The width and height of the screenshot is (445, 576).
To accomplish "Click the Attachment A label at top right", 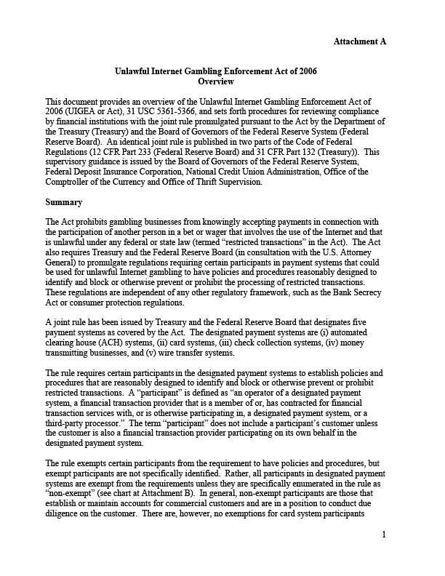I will click(x=359, y=41).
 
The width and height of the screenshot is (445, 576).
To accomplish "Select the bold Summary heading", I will click(x=63, y=201).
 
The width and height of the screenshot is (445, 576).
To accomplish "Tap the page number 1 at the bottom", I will click(x=383, y=556).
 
